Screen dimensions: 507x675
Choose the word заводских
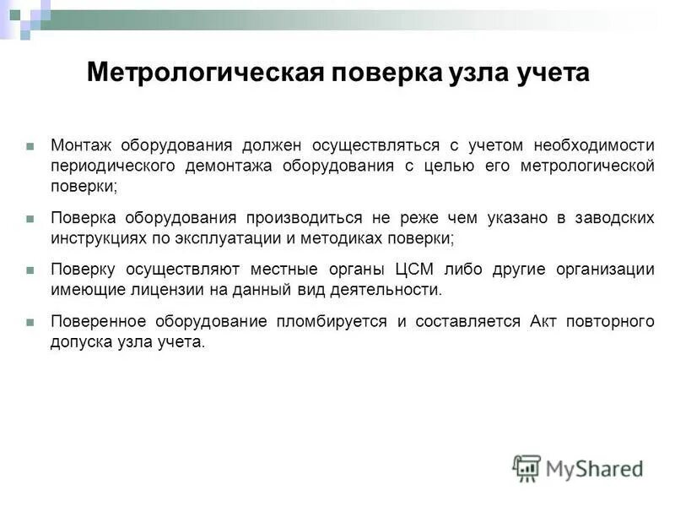point(614,218)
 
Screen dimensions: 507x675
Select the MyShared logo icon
point(526,467)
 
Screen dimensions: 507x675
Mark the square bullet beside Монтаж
point(30,145)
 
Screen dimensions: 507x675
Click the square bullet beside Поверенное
point(30,322)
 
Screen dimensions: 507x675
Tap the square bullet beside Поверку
point(30,270)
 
